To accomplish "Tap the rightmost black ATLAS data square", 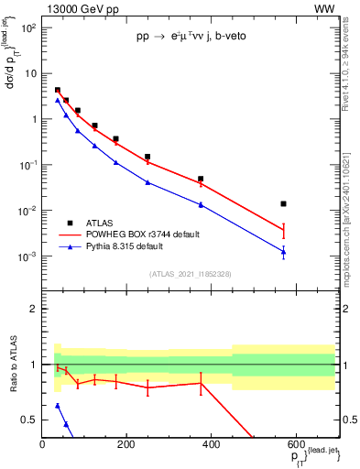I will pyautogui.click(x=284, y=203).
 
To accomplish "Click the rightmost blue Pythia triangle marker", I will pyautogui.click(x=284, y=251).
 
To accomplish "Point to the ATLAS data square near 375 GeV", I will pyautogui.click(x=201, y=179).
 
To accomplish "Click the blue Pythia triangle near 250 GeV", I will pyautogui.click(x=147, y=181).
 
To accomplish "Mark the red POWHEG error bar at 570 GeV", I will pyautogui.click(x=284, y=231).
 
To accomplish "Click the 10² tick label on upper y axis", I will pyautogui.click(x=30, y=27).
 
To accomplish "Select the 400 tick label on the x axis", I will pyautogui.click(x=210, y=444).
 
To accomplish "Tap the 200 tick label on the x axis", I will pyautogui.click(x=126, y=444).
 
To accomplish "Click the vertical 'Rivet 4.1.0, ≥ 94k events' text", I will pyautogui.click(x=352, y=72).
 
